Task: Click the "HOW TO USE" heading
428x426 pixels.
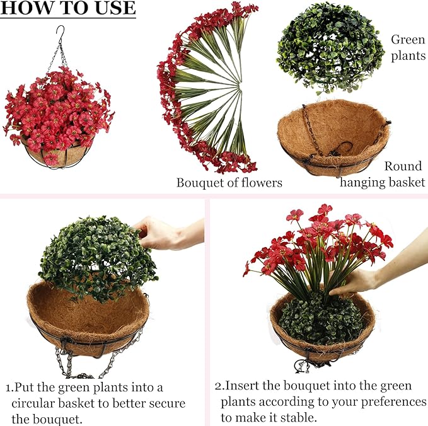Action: (x=68, y=8)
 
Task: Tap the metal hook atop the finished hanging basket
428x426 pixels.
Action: (x=61, y=33)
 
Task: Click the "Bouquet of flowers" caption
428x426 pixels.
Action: (x=229, y=183)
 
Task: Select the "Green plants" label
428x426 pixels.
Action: (x=408, y=47)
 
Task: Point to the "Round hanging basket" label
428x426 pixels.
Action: (x=383, y=174)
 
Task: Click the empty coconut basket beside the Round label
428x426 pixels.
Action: (x=334, y=137)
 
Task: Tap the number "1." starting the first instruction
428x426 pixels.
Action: (x=10, y=388)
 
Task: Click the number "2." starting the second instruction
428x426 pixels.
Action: (x=219, y=386)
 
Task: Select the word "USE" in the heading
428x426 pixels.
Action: (x=115, y=8)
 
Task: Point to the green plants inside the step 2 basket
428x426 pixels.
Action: (x=321, y=319)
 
